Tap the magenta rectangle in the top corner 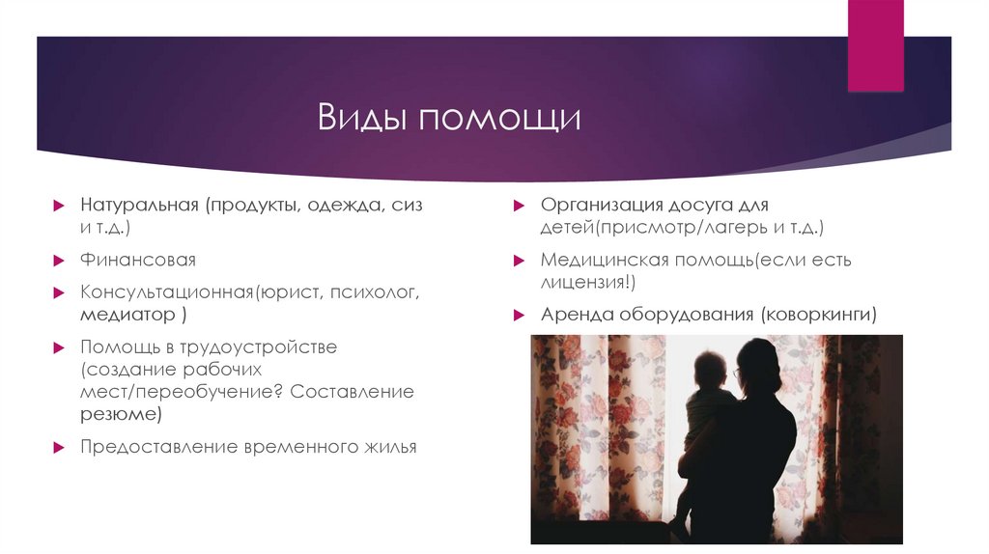[875, 45]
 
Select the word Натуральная [139, 206]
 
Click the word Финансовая [138, 260]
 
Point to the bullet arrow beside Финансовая [58, 261]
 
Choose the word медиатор [127, 315]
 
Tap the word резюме [119, 414]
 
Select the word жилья [386, 446]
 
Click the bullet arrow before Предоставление [58, 447]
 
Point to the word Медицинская [601, 260]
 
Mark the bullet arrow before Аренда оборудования [519, 315]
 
